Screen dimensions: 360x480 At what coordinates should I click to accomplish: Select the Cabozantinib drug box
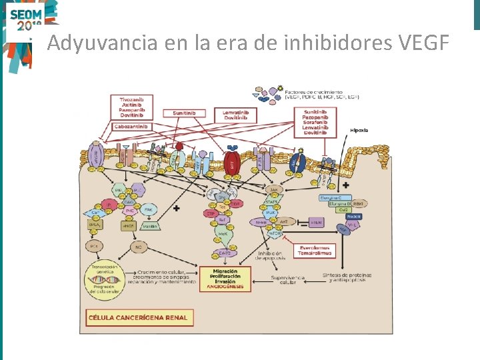click(x=132, y=126)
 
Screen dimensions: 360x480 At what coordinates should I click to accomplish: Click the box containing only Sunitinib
click(x=187, y=113)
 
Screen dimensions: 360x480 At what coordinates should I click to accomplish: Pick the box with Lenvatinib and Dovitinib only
click(x=240, y=115)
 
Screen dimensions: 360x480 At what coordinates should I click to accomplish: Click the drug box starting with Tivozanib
click(x=132, y=107)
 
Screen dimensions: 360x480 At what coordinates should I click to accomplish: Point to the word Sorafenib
click(x=315, y=122)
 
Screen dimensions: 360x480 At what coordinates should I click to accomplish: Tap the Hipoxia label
click(x=359, y=130)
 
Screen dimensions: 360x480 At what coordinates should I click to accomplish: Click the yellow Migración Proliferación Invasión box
click(x=225, y=276)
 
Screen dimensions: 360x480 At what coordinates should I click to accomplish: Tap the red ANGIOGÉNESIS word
click(x=225, y=287)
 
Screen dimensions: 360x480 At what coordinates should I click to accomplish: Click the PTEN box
click(x=316, y=222)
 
